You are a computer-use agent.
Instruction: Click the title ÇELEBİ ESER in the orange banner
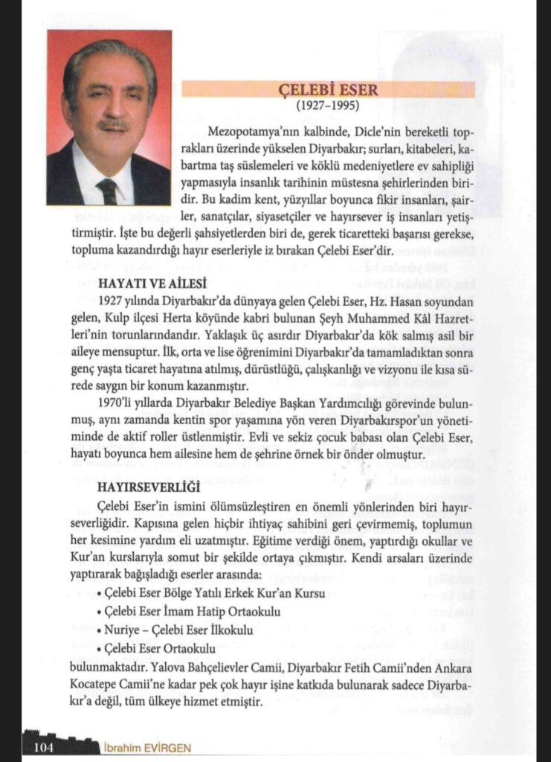coord(327,89)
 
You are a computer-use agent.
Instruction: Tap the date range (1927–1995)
coord(327,105)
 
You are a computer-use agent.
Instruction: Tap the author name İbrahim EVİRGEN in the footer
coord(146,746)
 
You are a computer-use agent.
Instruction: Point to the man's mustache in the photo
coord(113,124)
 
